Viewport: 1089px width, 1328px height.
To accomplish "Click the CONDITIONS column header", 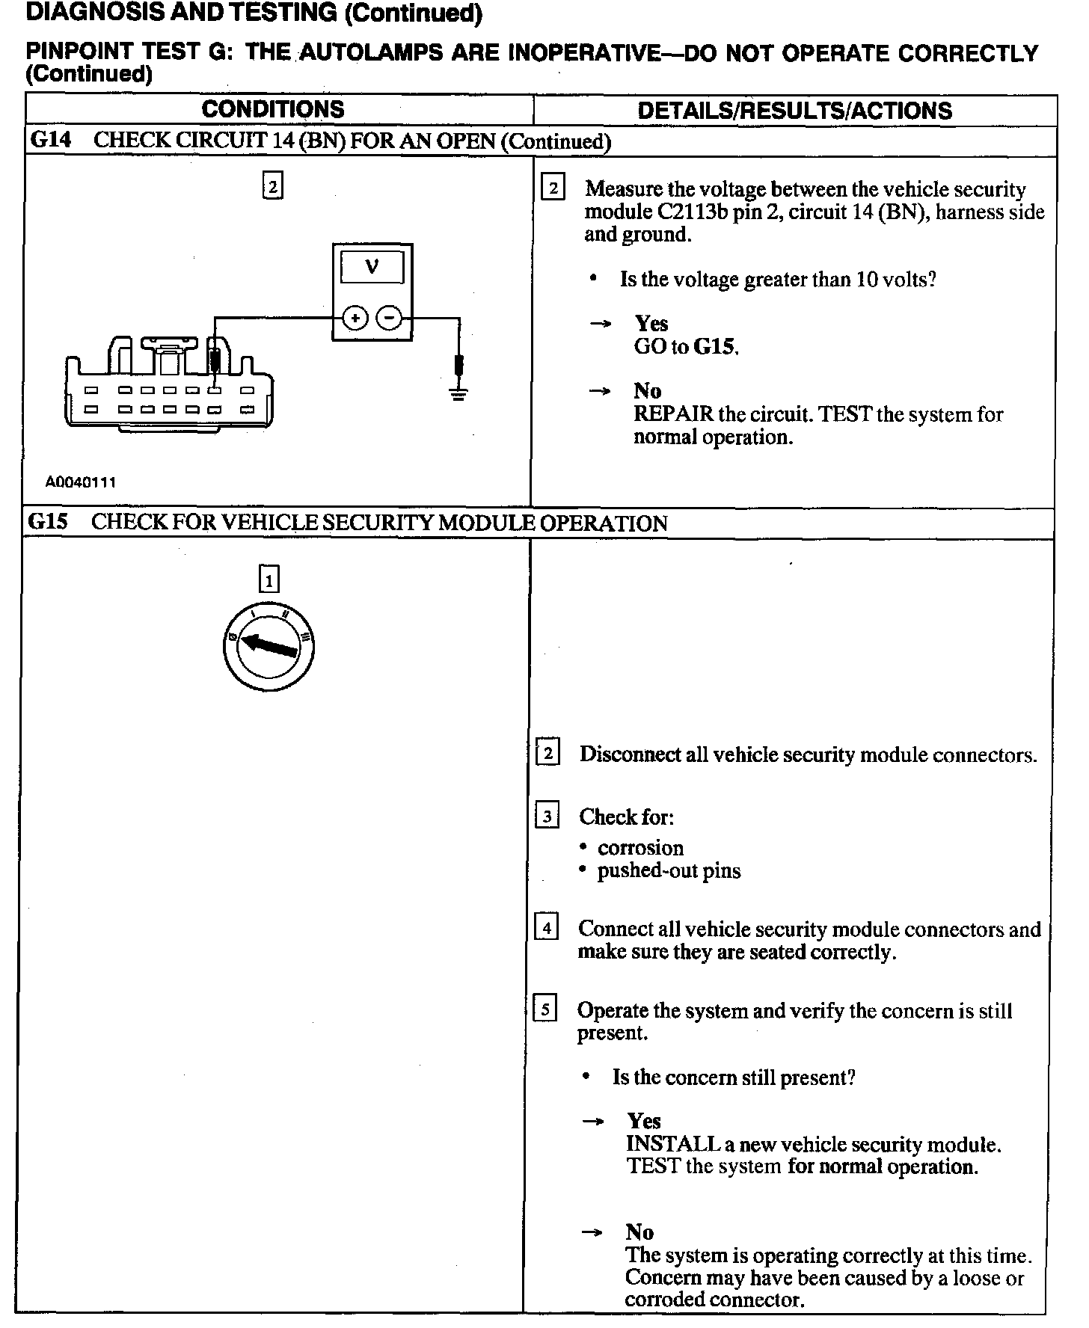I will tap(273, 109).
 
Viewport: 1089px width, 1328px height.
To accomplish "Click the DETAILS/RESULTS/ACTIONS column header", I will tap(794, 111).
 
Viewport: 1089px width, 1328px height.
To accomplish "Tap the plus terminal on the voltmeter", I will tap(355, 319).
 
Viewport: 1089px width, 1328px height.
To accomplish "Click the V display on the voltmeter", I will tap(372, 267).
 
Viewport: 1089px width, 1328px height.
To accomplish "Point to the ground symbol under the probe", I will tap(458, 393).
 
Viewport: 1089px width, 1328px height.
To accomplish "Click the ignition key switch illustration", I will tap(269, 647).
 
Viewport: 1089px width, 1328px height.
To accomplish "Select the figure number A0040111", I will tap(81, 482).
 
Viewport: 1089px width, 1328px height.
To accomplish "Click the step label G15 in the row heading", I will tap(47, 522).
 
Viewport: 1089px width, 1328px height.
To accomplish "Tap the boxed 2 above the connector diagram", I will tap(273, 185).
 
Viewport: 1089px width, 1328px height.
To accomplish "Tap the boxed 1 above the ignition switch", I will tap(269, 580).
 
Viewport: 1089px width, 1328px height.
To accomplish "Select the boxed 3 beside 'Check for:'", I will tap(547, 816).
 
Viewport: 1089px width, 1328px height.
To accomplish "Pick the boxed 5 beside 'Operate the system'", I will tap(544, 1010).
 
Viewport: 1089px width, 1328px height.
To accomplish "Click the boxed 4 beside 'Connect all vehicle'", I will tap(546, 929).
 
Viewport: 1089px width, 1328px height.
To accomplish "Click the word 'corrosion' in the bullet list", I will tap(640, 848).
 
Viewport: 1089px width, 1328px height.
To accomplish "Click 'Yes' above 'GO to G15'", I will tap(651, 323).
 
